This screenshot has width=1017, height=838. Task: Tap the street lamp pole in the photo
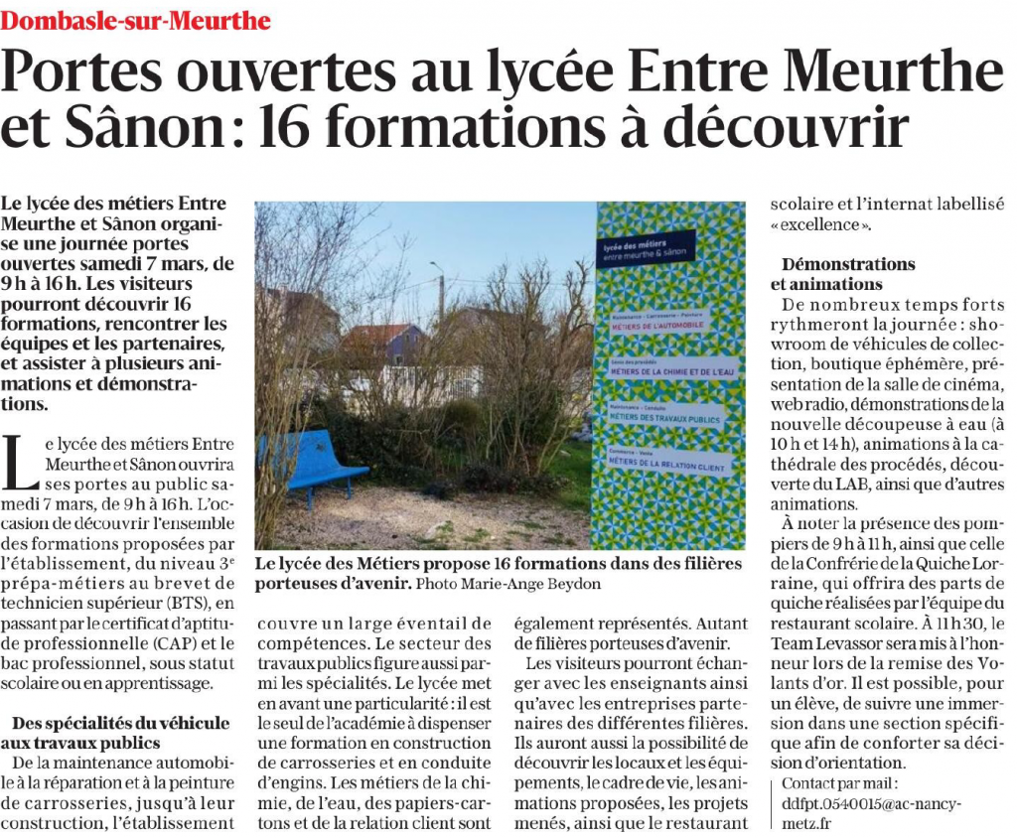(x=441, y=298)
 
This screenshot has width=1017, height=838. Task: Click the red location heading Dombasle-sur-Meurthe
(x=135, y=19)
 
